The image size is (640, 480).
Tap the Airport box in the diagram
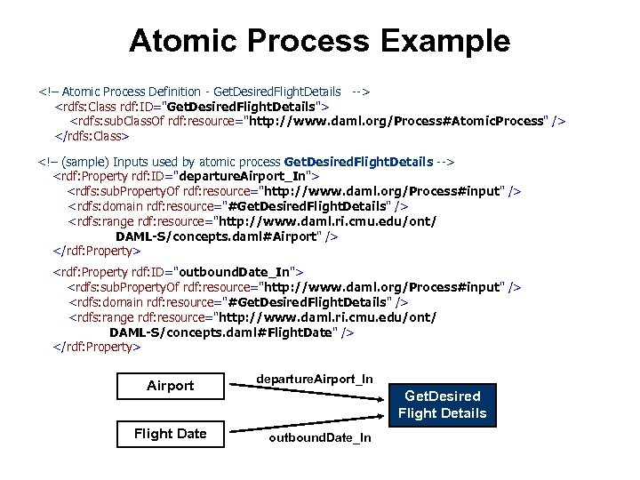pos(170,386)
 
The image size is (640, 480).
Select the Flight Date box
pos(170,434)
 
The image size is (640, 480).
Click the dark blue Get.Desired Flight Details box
pos(442,404)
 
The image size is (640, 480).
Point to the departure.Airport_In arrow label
pos(314,379)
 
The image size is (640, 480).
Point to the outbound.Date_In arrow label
pos(320,438)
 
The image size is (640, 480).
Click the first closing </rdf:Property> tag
pos(97,252)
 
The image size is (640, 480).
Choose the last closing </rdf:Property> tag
pos(97,347)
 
